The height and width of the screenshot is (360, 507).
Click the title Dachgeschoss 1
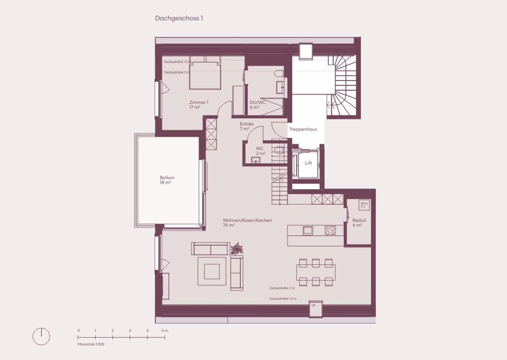click(179, 18)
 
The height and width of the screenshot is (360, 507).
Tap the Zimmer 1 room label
click(198, 105)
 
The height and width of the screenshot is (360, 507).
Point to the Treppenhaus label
click(303, 129)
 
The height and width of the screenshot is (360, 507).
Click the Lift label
click(308, 163)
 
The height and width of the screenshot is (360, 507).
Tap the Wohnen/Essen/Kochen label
click(247, 223)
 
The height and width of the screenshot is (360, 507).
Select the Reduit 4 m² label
click(359, 223)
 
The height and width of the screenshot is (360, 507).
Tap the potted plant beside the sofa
click(237, 249)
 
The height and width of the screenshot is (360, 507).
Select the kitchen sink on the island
click(308, 230)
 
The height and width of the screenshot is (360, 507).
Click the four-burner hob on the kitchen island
click(331, 230)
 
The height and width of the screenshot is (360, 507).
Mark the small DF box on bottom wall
click(313, 305)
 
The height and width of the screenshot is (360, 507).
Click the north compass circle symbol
click(42, 337)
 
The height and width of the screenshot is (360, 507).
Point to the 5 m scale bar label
click(165, 331)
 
